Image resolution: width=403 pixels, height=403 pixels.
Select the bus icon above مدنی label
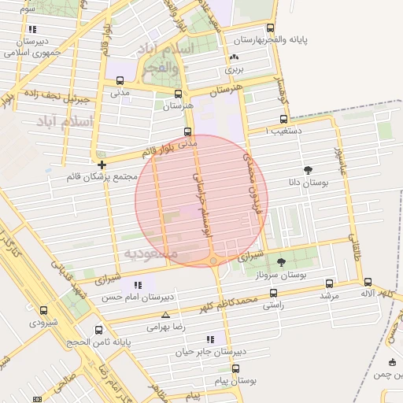coord(120,80)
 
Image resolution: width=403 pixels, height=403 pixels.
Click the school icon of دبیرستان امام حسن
coord(139,285)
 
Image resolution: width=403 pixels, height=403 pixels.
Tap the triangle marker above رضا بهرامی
coord(165,314)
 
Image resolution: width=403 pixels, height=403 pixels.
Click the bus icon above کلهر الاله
coord(368,281)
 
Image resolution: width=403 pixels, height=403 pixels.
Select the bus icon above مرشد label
coord(329,283)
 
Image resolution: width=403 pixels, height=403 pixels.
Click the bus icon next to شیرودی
coord(43,310)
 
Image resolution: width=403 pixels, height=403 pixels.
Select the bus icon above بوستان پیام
coord(235,368)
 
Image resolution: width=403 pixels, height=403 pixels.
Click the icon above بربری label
coord(233,57)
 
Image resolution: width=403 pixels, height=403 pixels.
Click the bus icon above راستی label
coord(273,291)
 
